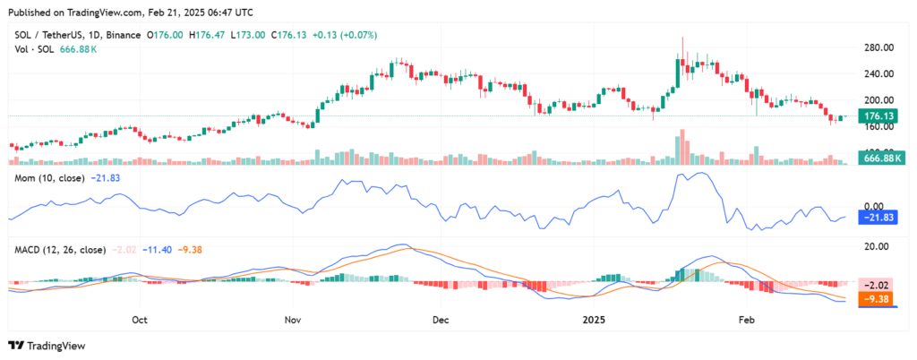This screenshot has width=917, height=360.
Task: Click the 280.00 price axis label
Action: point(880,47)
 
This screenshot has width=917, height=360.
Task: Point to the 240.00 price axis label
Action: point(880,74)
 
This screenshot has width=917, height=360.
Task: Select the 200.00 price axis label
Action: point(880,100)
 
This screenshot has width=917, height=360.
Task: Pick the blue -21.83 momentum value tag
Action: point(880,218)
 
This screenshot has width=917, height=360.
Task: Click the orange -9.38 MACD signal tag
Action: point(880,300)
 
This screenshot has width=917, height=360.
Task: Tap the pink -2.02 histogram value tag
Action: point(880,283)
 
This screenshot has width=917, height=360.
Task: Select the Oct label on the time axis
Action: point(139,318)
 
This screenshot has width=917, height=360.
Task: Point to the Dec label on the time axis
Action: point(440,318)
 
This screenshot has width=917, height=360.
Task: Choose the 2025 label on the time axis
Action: point(594,318)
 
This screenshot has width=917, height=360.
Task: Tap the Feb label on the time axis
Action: point(745,318)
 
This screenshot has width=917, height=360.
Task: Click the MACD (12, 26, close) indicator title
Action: point(57,249)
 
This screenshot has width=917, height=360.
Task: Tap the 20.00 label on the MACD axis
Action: point(878,245)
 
